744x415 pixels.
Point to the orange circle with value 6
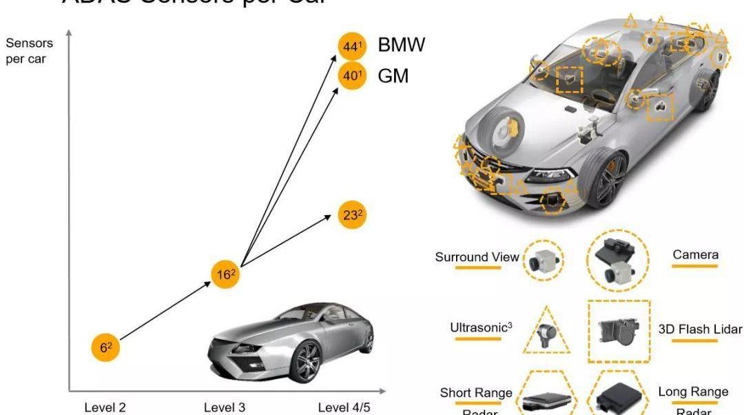pos(105,349)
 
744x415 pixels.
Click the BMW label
pos(402,45)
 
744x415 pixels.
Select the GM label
pos(393,75)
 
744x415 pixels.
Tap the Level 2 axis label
pos(105,407)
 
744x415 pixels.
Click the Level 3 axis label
pos(225,407)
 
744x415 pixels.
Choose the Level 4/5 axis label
pos(344,407)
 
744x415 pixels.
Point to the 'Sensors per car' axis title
pos(29,51)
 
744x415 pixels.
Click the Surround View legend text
pos(477,257)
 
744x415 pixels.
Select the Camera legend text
pos(695,255)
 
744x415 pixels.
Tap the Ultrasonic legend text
pos(480,328)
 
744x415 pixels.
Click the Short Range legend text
pos(476,393)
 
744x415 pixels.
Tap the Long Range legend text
pos(693,392)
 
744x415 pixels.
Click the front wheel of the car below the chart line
pos(307,360)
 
